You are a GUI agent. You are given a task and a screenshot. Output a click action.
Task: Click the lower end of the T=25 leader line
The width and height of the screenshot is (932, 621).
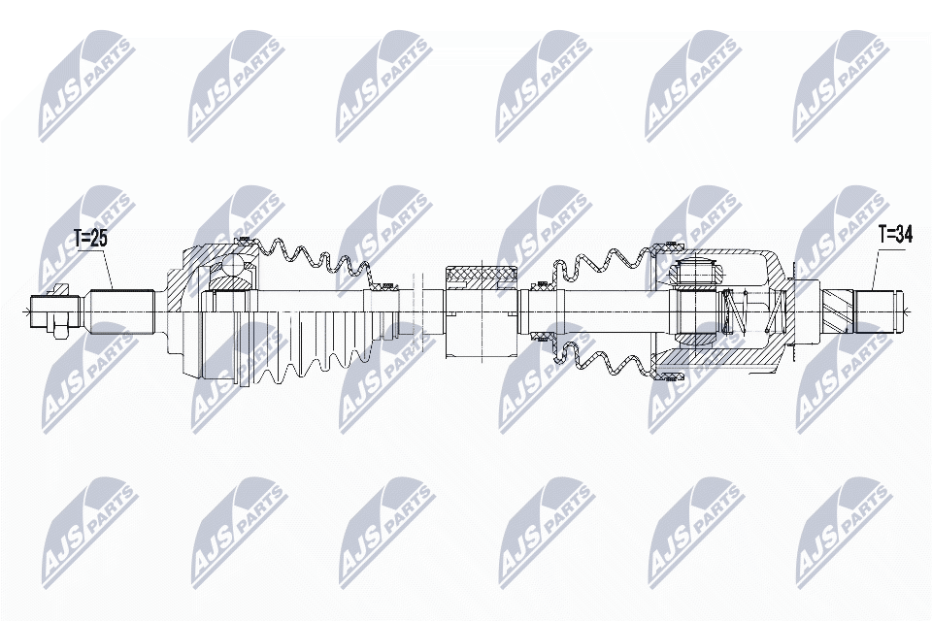[x=113, y=289]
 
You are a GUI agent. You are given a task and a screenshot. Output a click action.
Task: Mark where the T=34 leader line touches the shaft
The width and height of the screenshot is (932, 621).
[x=872, y=290]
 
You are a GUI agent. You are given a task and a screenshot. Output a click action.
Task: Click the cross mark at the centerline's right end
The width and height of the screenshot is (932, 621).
[x=904, y=311]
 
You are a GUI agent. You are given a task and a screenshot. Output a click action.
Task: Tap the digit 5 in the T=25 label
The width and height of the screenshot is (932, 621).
[x=102, y=239]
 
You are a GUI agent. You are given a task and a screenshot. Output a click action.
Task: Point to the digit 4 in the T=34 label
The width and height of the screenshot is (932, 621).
[x=906, y=236]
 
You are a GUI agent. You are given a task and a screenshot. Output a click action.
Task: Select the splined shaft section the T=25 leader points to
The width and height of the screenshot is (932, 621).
[x=122, y=311]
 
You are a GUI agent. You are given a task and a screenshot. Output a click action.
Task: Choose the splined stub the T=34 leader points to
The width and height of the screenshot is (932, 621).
[x=878, y=311]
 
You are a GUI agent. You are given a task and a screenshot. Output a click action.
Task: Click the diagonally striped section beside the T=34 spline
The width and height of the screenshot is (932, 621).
[x=838, y=311]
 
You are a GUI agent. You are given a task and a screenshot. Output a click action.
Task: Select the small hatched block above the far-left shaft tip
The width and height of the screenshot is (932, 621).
[x=60, y=290]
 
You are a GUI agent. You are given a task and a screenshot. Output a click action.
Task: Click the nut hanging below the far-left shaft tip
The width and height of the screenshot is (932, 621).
[x=60, y=332]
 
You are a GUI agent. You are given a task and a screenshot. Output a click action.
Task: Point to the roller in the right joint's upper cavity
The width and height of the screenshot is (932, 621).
[x=696, y=273]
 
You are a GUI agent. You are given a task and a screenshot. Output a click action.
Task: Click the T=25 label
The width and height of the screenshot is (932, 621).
[x=90, y=239]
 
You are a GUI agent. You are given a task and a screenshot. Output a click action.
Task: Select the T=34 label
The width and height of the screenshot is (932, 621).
[x=894, y=236]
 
